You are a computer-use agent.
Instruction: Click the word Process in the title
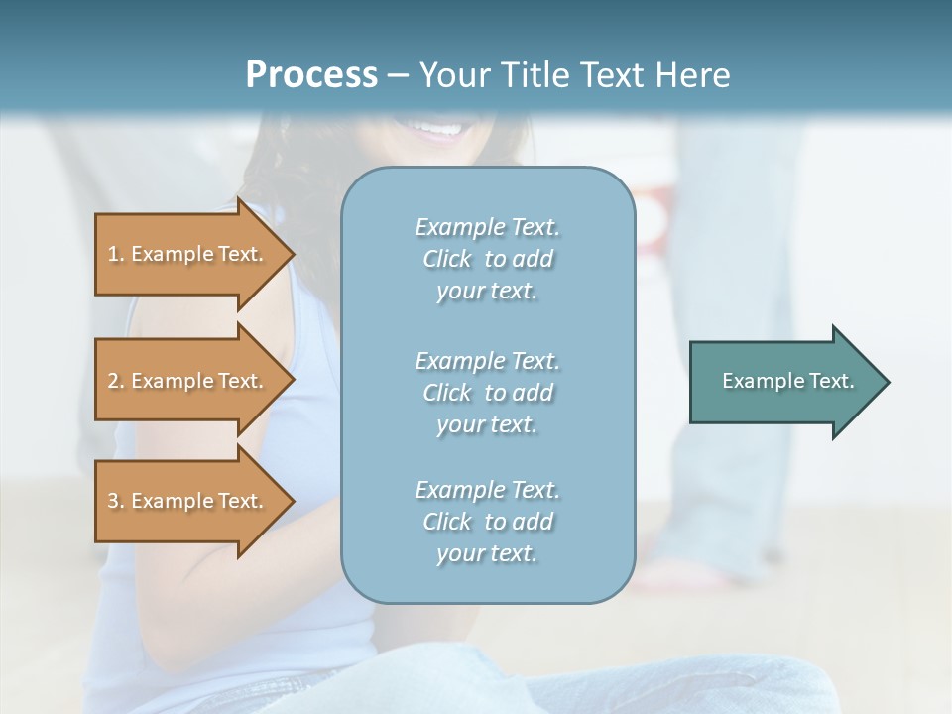point(311,74)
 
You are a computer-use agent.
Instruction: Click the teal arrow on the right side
point(783,381)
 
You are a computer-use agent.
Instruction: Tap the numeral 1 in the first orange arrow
point(113,254)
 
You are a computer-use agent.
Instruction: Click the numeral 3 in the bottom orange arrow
point(113,501)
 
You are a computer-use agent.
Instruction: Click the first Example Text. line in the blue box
point(487,227)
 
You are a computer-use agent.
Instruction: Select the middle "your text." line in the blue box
point(487,424)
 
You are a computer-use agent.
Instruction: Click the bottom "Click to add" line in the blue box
point(487,522)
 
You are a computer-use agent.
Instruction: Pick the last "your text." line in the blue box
point(487,553)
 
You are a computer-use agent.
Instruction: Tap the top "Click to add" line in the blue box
point(487,259)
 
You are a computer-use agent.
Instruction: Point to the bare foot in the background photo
point(684,574)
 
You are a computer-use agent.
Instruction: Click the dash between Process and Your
point(398,75)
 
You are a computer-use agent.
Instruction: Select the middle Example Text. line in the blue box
point(487,361)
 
